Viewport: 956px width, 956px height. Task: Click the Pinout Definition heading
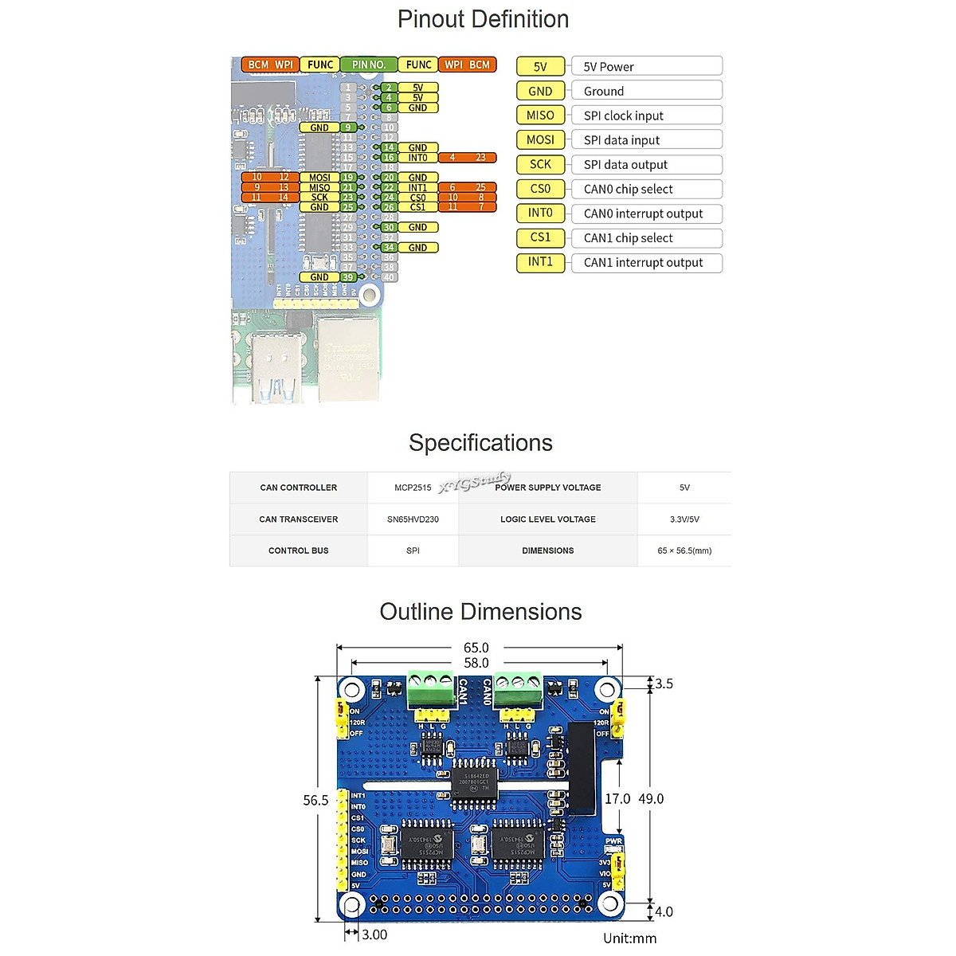[x=483, y=19]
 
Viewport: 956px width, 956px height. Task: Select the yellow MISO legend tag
[x=540, y=116]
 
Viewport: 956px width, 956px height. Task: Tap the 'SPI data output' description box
[x=647, y=165]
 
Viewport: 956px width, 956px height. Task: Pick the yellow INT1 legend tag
[x=540, y=262]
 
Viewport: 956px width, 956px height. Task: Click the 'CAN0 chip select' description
[x=647, y=190]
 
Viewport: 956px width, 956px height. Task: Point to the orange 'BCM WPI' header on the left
[x=270, y=65]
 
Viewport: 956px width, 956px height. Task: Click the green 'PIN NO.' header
[x=368, y=65]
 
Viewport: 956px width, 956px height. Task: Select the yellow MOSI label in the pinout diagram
[x=319, y=178]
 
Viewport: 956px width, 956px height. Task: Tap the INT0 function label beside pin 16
[x=417, y=158]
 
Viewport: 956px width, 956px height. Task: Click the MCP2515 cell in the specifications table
[x=413, y=488]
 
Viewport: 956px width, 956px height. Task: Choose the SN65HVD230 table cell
[x=413, y=519]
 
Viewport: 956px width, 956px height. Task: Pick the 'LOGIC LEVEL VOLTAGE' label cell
[x=548, y=519]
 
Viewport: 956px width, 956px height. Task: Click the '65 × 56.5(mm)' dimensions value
[x=684, y=550]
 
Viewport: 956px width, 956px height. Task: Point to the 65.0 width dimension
[x=476, y=648]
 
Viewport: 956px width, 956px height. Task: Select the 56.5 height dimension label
[x=315, y=800]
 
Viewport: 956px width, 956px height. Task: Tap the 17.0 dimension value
[x=617, y=798]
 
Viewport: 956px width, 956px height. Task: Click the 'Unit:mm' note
[x=629, y=938]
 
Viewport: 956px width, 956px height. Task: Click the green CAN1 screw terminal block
[x=430, y=689]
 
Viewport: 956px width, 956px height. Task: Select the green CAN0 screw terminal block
[x=518, y=689]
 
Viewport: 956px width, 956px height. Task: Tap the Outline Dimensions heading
[x=480, y=612]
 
